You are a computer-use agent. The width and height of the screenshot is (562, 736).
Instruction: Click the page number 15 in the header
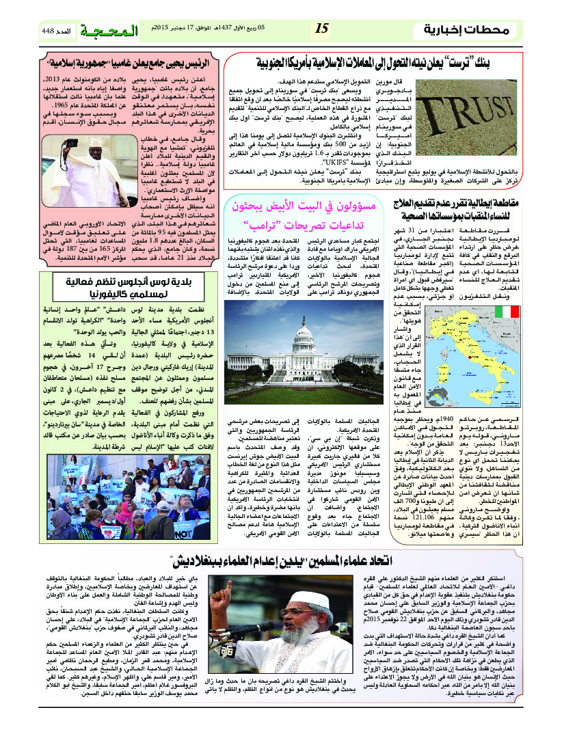point(322,29)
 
